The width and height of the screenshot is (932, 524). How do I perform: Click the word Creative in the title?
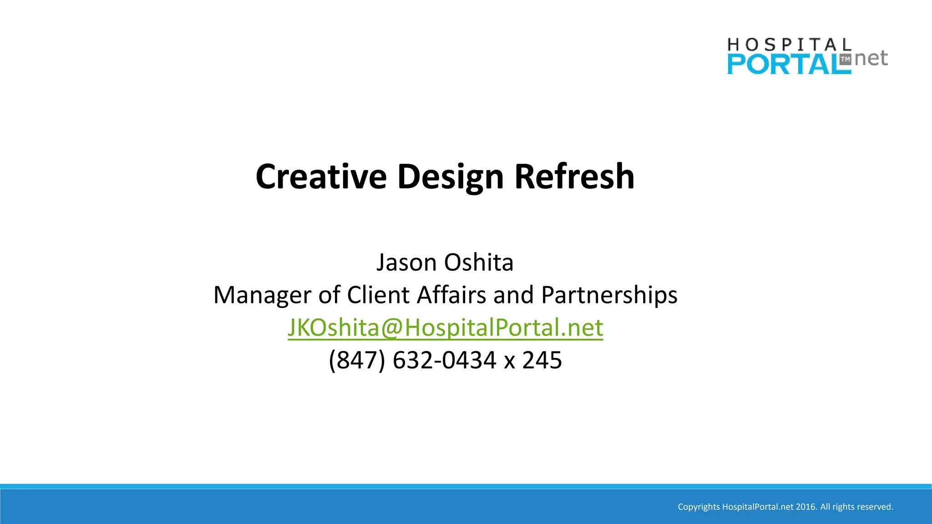coord(321,176)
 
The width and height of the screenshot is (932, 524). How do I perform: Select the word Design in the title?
coord(450,177)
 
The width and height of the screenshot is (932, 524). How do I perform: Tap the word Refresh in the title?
coord(574,176)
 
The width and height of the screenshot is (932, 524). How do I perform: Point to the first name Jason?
coord(406,262)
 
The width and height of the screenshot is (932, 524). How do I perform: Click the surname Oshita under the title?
coord(479,262)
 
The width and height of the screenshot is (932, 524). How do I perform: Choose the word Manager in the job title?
coord(262,295)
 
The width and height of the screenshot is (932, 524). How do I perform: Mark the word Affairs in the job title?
coord(452,295)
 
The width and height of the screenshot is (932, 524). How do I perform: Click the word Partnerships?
coord(609,295)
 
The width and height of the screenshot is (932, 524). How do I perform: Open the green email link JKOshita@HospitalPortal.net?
coord(445,327)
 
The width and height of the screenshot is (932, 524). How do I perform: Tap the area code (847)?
coord(357,360)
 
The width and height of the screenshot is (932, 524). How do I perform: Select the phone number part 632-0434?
coord(444,360)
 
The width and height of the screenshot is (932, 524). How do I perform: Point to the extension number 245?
coord(542,360)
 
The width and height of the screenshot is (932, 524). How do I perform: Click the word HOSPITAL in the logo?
coord(789,45)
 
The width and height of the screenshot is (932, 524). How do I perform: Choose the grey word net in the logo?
coord(871,58)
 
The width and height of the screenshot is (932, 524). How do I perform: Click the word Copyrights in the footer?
coord(699,507)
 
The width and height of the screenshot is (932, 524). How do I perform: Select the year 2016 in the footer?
coord(806,507)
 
